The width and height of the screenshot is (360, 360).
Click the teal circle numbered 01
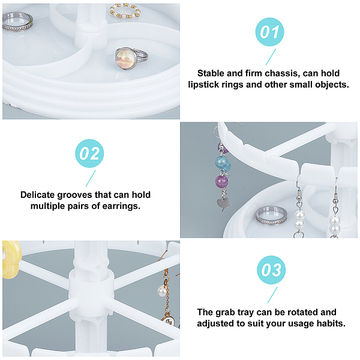269,32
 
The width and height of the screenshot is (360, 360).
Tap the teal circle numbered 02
89,154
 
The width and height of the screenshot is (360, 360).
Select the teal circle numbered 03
271,270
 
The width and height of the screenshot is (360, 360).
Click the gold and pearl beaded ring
125,11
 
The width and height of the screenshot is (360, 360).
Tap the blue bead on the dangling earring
223,163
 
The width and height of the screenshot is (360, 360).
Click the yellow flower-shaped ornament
11,259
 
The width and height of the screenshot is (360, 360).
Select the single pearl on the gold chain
162,291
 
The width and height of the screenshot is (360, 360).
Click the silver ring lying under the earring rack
271,215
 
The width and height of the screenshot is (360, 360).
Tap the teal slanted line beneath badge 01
271,57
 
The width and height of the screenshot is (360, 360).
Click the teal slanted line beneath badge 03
272,295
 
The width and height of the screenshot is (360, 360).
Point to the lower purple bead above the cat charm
222,182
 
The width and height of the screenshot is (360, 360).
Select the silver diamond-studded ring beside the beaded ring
17,22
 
